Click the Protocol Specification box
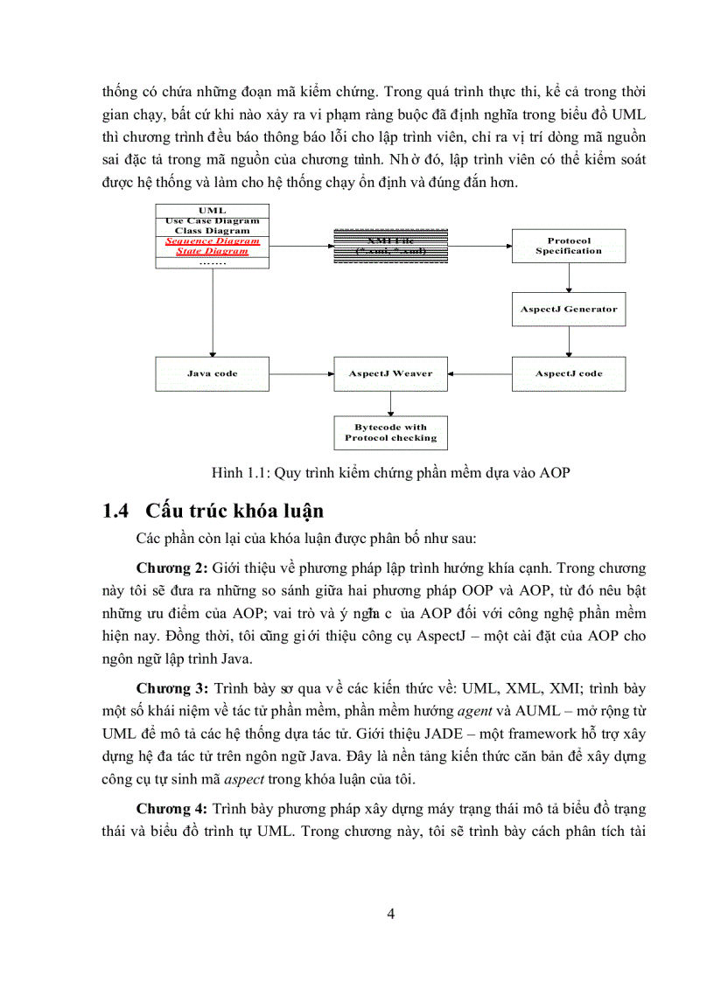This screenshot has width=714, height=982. click(x=569, y=246)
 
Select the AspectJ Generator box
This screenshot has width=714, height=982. click(x=569, y=309)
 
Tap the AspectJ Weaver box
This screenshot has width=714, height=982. click(x=390, y=373)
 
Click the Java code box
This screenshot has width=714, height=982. click(x=212, y=373)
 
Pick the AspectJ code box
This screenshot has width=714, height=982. click(x=569, y=373)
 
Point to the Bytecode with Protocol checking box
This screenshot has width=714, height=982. click(x=390, y=432)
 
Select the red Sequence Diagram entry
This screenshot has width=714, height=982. click(x=212, y=240)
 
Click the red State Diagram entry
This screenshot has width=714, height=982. click(x=212, y=251)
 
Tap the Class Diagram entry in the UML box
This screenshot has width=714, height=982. click(x=212, y=231)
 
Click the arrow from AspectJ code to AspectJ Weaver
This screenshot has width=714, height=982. click(x=479, y=373)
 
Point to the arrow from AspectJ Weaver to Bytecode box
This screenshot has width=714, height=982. click(x=390, y=402)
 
